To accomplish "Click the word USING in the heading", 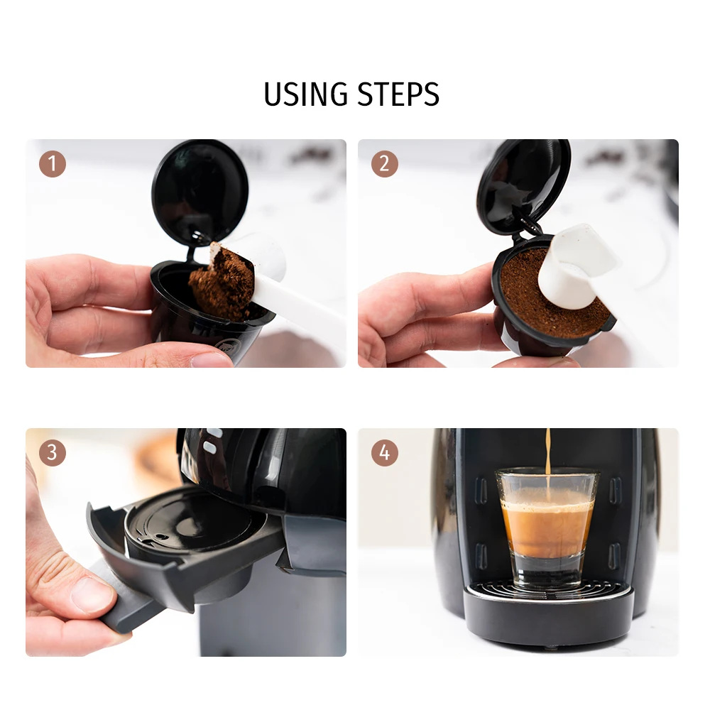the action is click(305, 94).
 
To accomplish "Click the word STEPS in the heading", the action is click(398, 94).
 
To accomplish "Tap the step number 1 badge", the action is click(53, 164).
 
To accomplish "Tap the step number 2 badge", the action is click(385, 164).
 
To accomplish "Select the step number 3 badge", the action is click(53, 453).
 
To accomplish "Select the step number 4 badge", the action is click(385, 453).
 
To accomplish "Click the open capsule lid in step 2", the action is click(524, 185).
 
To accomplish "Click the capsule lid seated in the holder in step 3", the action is click(188, 525).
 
